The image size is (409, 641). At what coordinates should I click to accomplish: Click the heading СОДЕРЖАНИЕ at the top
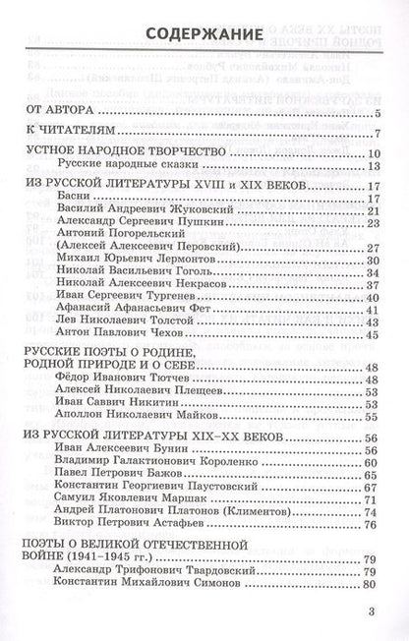(x=204, y=36)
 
